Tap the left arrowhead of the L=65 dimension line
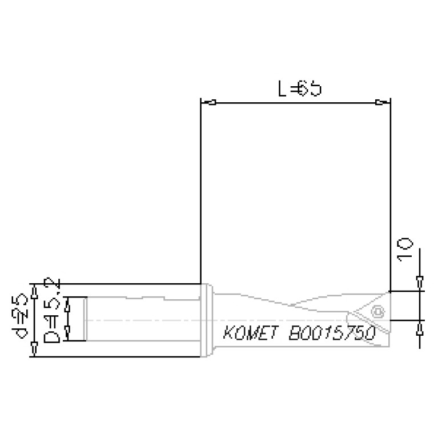(x=211, y=103)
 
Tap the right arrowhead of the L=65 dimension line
(x=380, y=103)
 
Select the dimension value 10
(x=404, y=250)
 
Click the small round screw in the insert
(x=377, y=311)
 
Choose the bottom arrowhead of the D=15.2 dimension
(x=67, y=331)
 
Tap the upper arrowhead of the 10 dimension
(x=420, y=280)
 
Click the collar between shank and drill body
(x=209, y=320)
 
